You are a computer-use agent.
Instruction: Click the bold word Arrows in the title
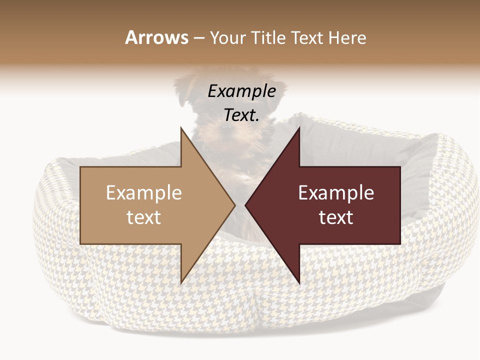tap(157, 37)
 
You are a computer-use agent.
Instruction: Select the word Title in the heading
tap(268, 37)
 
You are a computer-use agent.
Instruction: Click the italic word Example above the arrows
tap(241, 91)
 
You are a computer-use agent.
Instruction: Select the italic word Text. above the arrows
tap(241, 115)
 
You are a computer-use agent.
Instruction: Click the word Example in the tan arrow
tap(144, 192)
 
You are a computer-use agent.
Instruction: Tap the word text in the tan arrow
tap(144, 217)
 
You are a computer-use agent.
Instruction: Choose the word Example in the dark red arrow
tap(336, 192)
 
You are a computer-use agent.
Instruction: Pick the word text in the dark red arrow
tap(336, 217)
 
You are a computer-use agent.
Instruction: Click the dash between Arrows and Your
tap(198, 38)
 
